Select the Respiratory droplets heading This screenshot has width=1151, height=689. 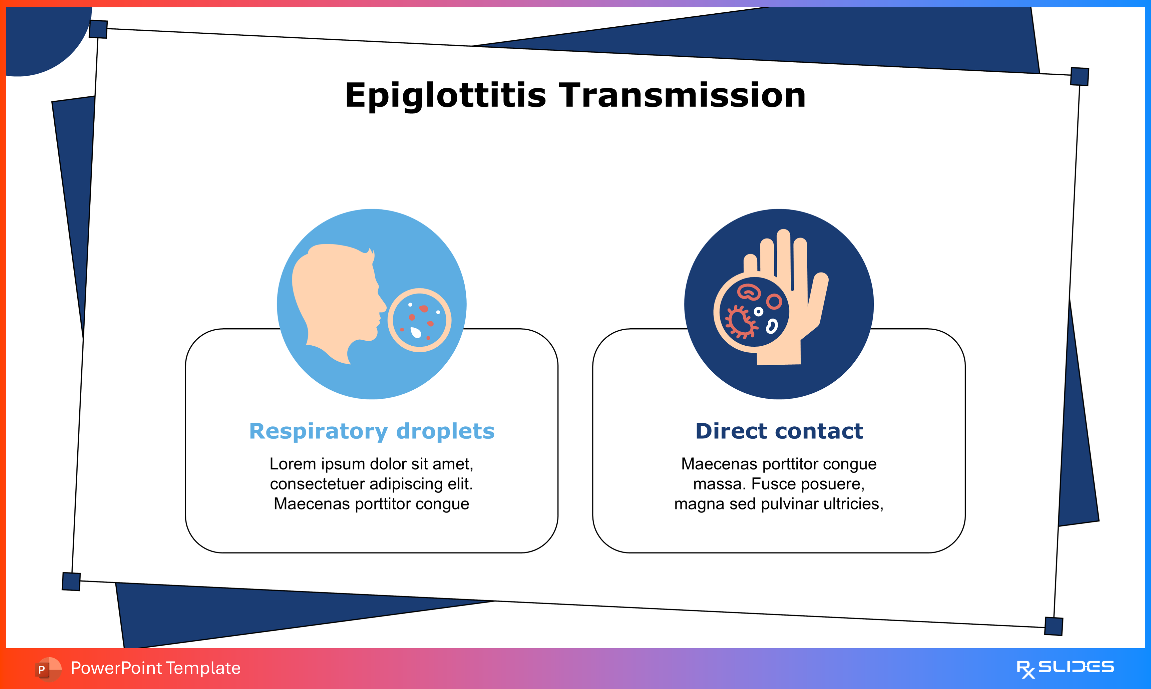click(372, 431)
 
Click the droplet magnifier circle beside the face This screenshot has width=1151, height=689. click(420, 320)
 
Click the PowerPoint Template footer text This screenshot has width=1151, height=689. click(156, 668)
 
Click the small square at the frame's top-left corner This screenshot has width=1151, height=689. click(98, 29)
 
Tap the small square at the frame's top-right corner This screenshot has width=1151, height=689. click(1080, 76)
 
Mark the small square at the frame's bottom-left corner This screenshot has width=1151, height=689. click(71, 581)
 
